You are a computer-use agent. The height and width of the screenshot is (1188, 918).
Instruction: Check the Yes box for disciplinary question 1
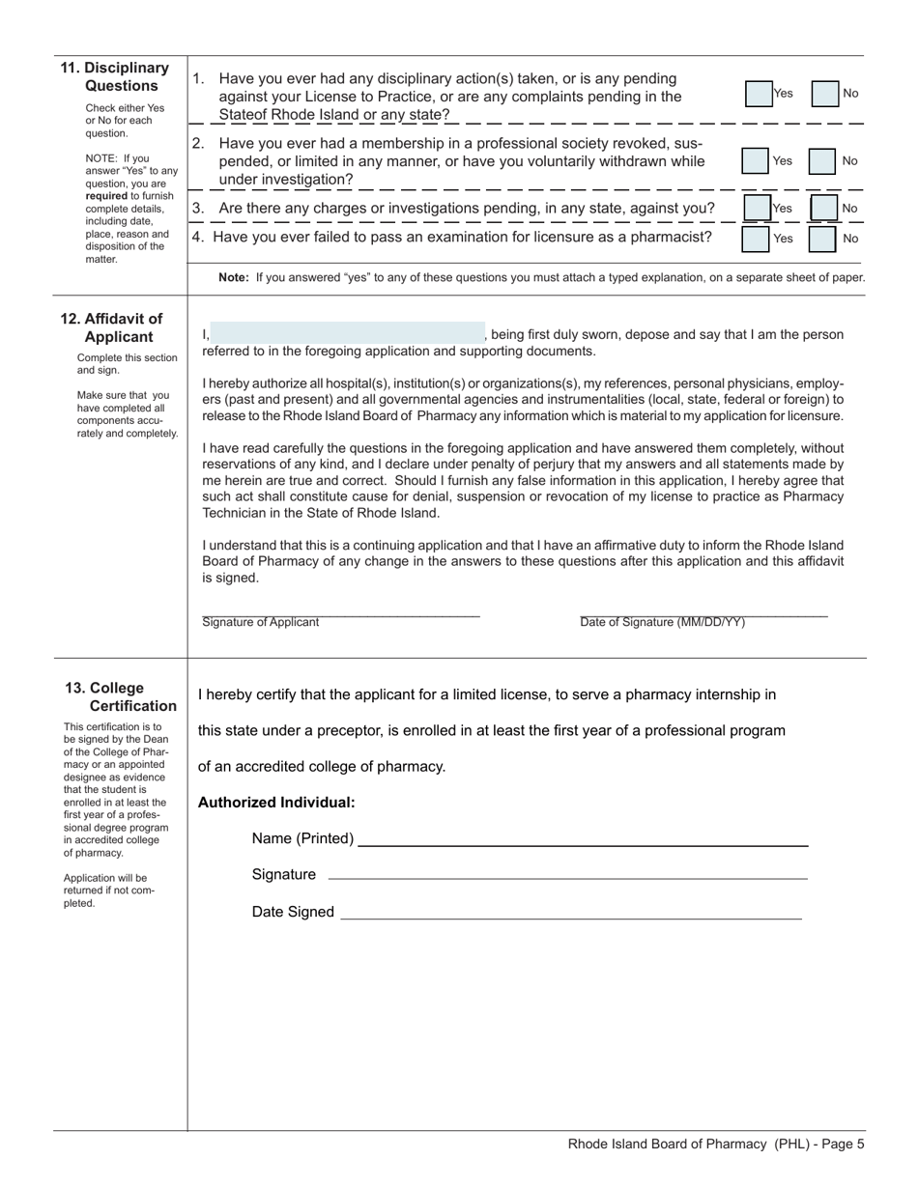(759, 94)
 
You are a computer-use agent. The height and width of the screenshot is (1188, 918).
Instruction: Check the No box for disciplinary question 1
(824, 94)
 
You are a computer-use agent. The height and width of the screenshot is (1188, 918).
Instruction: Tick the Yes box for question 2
(755, 161)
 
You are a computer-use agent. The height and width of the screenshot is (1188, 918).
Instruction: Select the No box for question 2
(821, 161)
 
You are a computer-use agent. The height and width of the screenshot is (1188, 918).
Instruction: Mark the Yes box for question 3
(757, 209)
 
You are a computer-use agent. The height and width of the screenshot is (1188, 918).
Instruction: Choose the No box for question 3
(823, 209)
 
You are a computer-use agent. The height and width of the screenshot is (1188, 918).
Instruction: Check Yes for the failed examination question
(756, 239)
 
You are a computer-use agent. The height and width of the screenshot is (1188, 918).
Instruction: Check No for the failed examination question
(821, 239)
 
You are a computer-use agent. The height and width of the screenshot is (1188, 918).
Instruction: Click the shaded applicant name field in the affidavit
(347, 333)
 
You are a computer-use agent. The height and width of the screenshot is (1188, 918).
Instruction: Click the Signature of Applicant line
(340, 611)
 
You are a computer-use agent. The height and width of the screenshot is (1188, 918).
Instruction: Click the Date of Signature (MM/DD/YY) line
(703, 611)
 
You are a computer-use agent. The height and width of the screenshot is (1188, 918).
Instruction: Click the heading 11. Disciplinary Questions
(115, 76)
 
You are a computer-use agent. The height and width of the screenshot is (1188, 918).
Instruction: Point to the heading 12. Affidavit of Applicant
(113, 327)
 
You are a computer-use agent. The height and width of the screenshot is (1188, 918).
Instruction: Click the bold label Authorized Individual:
(276, 803)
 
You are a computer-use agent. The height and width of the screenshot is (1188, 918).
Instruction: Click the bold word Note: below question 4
(234, 277)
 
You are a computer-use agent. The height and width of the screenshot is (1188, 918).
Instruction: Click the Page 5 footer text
(716, 1145)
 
